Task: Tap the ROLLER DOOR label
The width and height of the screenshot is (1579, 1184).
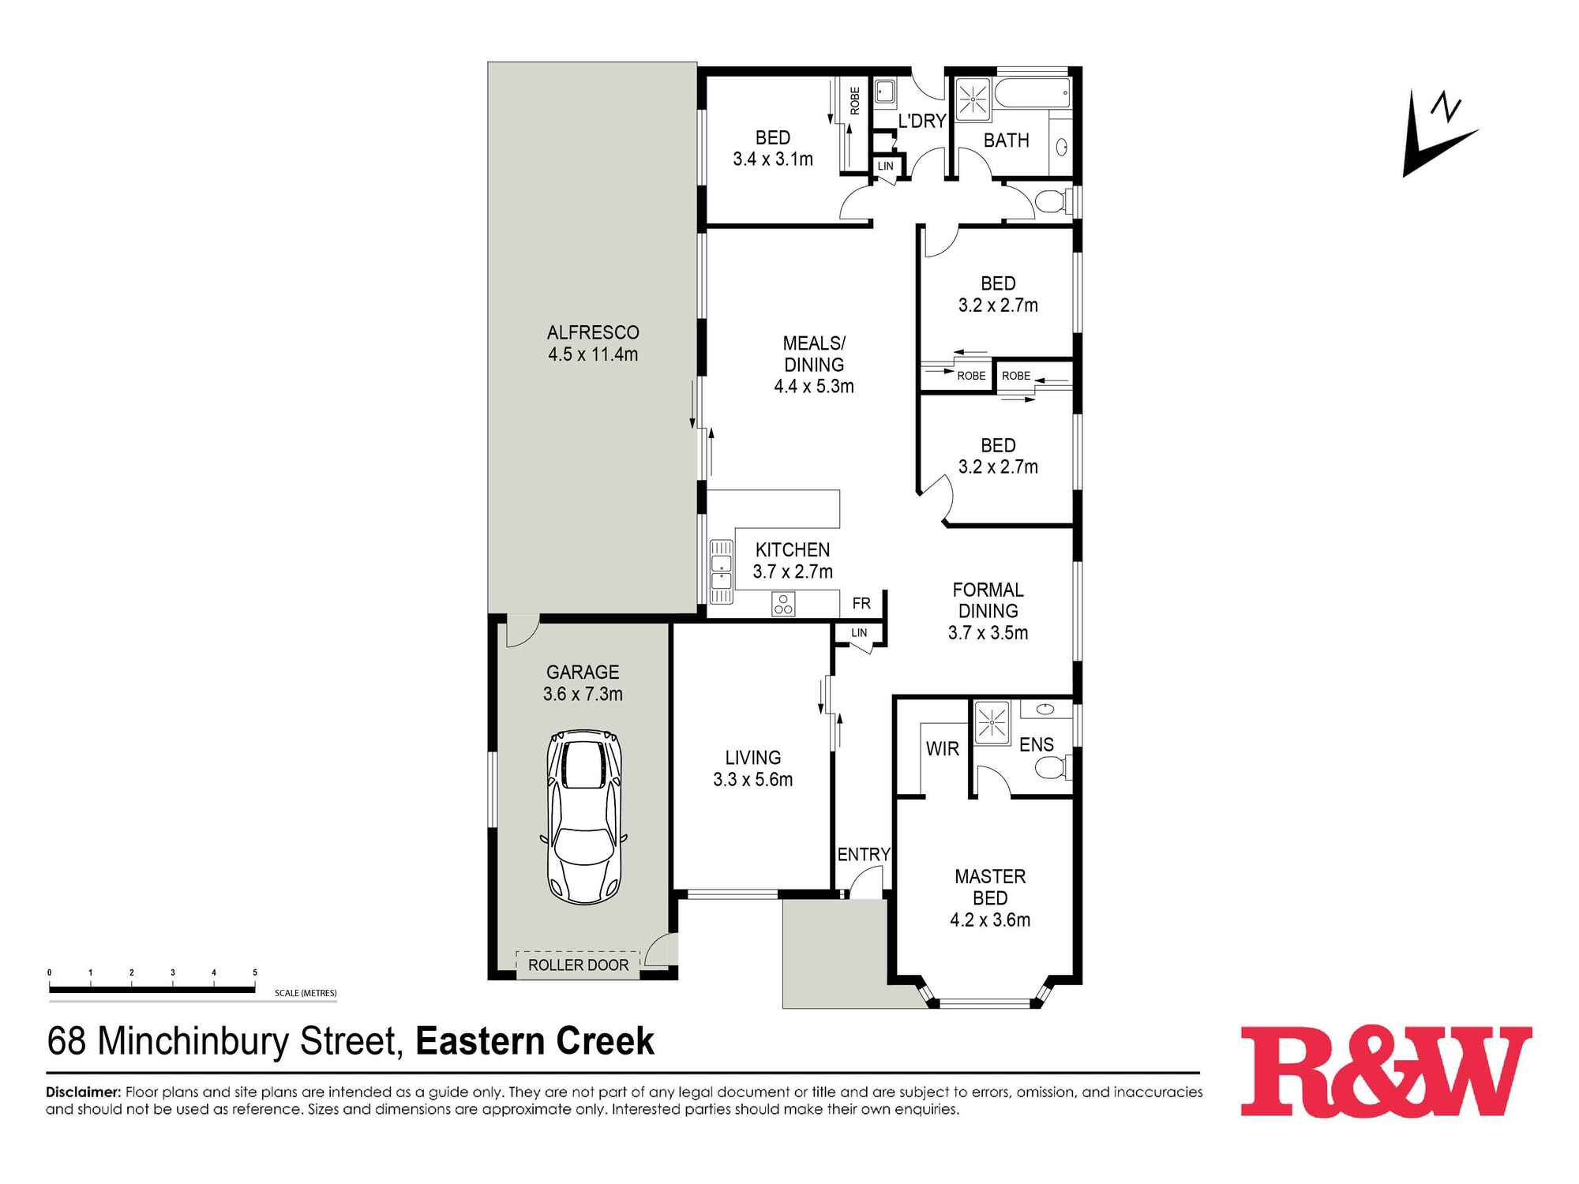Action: tap(578, 965)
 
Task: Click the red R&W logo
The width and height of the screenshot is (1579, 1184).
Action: tap(1386, 1071)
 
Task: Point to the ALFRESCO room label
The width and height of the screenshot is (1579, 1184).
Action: tap(593, 332)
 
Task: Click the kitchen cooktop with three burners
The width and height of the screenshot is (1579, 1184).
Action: tap(783, 604)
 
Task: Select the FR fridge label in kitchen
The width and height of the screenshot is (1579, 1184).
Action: tap(861, 603)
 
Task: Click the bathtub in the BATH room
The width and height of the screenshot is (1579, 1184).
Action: tap(1033, 93)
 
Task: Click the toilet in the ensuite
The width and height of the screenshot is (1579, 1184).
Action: tap(1053, 766)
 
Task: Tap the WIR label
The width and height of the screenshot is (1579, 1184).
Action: tap(943, 748)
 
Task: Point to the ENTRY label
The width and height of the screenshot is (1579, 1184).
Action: tap(864, 854)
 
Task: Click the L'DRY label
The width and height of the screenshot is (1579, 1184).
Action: tap(922, 121)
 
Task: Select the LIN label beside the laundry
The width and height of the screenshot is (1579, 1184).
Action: tap(886, 166)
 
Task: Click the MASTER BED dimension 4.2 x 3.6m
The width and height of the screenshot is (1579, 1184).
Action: tap(990, 920)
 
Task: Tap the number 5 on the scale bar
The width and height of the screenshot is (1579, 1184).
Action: tap(254, 972)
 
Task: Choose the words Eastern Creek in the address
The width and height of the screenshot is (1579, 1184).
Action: tap(535, 1041)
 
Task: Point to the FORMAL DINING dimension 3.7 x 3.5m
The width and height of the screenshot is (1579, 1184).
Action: tap(988, 632)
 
